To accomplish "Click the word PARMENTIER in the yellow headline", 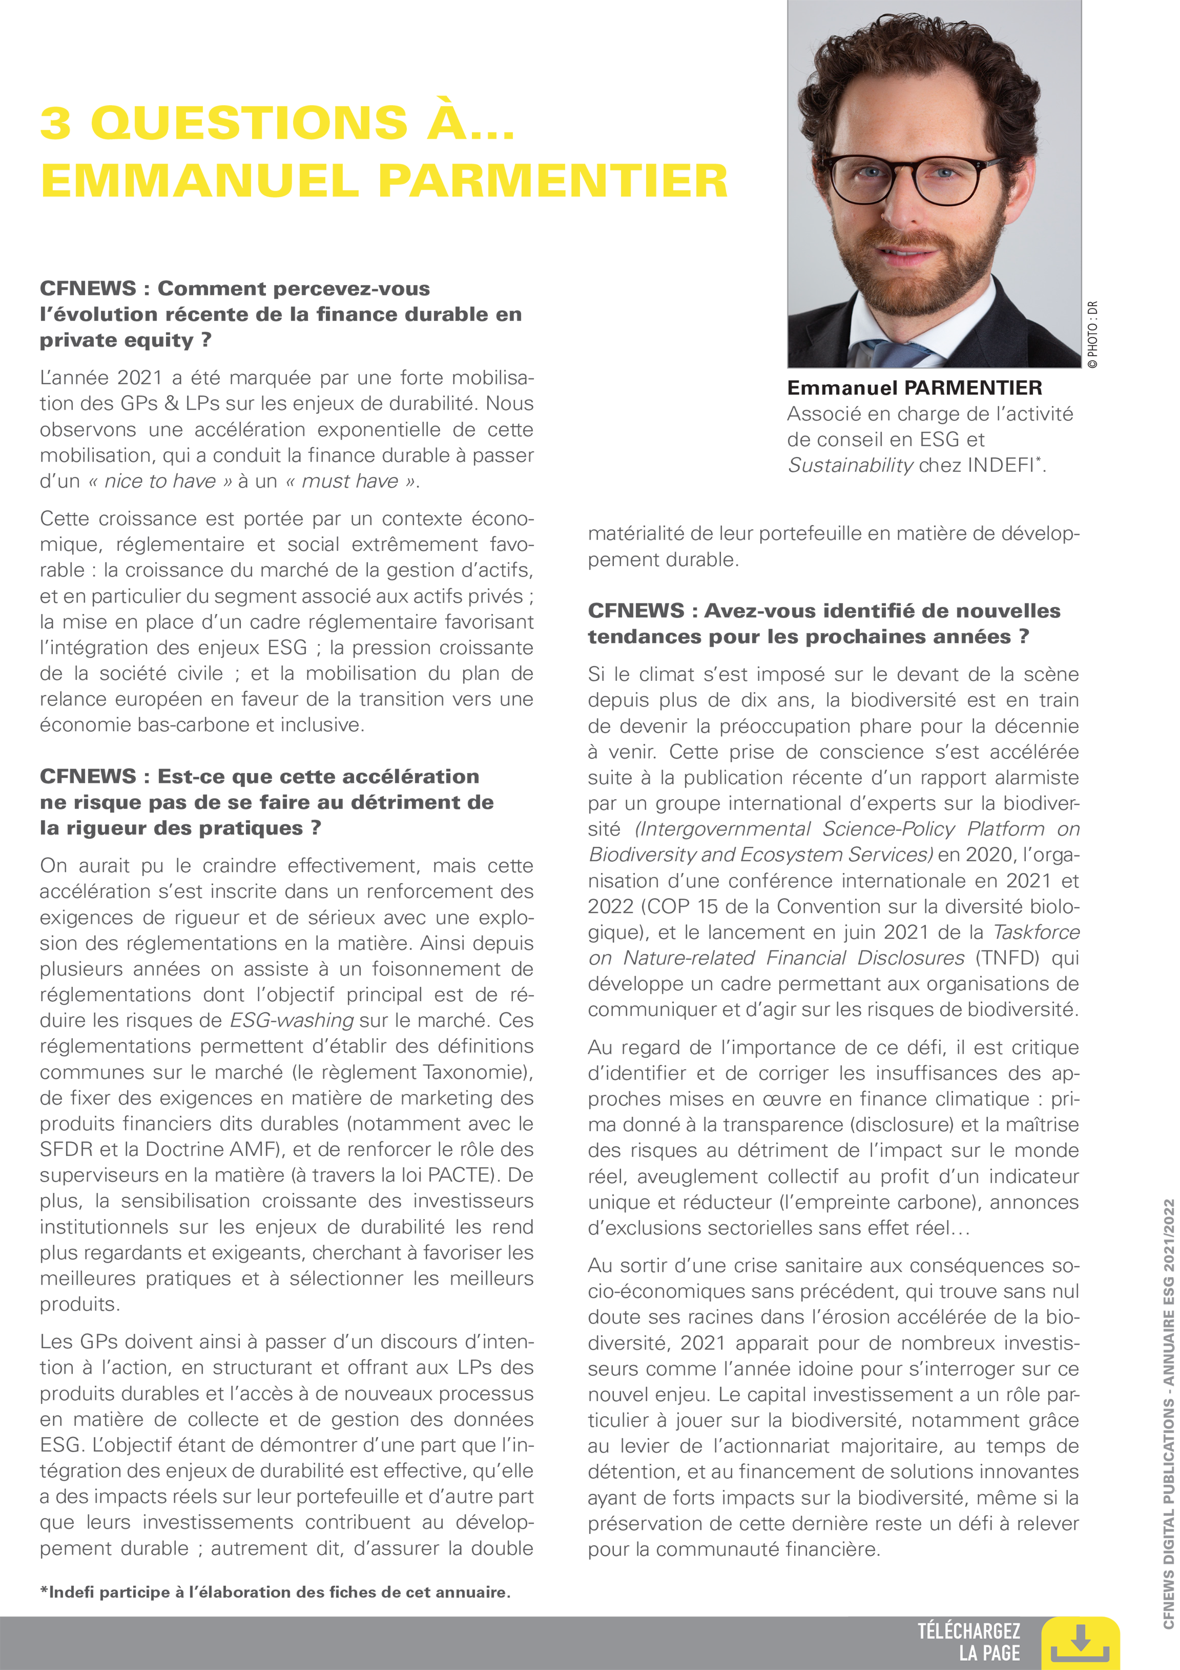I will coord(552,180).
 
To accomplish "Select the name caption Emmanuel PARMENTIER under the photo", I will coord(914,388).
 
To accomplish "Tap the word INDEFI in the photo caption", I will coord(1001,466).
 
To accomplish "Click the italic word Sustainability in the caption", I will coord(850,466).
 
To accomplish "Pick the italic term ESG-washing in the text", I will coord(292,1021).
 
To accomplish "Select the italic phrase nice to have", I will coord(160,481).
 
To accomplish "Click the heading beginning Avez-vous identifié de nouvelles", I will coord(824,623).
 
